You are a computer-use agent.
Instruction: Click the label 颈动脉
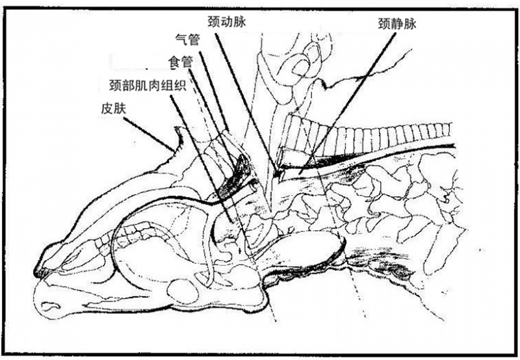click(227, 22)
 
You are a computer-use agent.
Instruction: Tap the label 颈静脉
click(397, 24)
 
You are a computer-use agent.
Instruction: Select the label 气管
click(188, 40)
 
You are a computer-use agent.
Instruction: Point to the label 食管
click(181, 62)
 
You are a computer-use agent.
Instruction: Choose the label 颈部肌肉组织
click(148, 85)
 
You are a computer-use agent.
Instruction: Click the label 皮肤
click(114, 108)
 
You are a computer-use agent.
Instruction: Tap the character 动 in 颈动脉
click(227, 22)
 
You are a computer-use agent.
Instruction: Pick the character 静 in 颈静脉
click(397, 24)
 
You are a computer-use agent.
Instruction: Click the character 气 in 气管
click(181, 40)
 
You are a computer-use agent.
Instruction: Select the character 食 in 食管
click(174, 62)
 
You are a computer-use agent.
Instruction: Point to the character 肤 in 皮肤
click(120, 108)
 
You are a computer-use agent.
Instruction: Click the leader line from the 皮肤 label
click(149, 133)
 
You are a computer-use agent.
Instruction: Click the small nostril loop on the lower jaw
click(51, 305)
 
